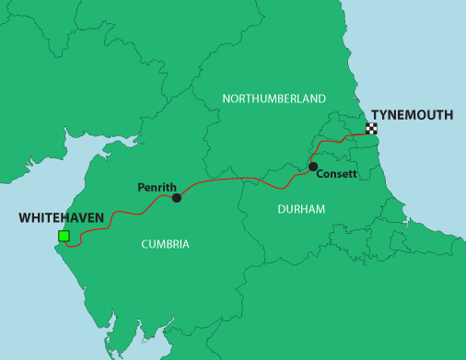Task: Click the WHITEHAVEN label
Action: (60, 218)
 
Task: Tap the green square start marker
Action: (64, 237)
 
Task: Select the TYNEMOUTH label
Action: (412, 115)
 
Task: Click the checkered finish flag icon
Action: (372, 129)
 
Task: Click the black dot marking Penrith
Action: (177, 197)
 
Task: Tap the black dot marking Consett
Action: (313, 167)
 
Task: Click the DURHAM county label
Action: (301, 210)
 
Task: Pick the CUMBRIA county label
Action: (166, 244)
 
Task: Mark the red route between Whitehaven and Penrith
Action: (120, 216)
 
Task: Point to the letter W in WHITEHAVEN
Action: (23, 218)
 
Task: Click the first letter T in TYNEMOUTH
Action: (375, 115)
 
